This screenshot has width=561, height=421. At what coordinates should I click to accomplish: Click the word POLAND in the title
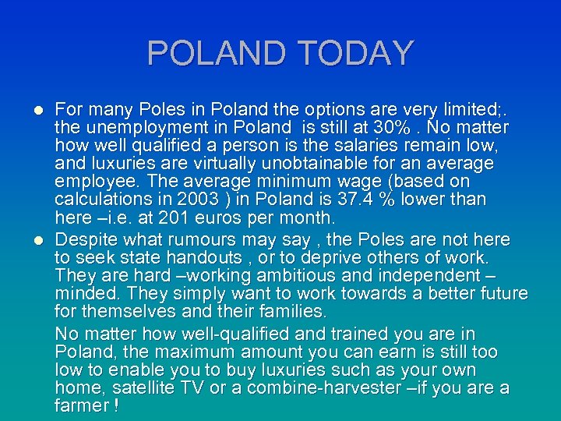(214, 53)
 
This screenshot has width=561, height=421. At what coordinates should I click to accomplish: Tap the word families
(288, 312)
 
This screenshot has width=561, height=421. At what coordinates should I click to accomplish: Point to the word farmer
(81, 405)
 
